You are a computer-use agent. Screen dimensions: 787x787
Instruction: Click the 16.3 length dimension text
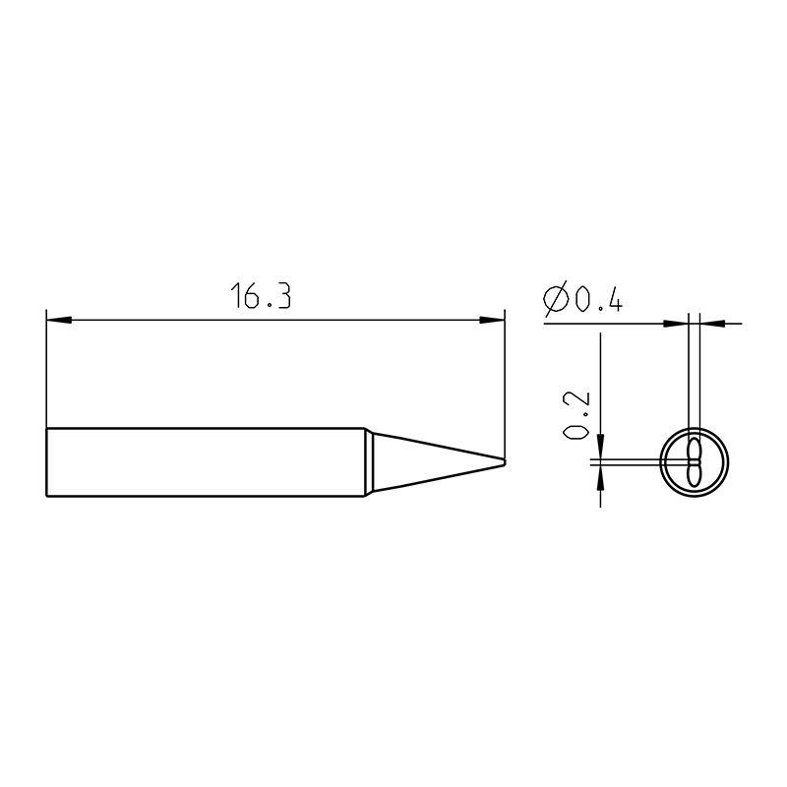coord(261,295)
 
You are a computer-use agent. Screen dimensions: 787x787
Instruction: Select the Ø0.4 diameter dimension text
coord(583,298)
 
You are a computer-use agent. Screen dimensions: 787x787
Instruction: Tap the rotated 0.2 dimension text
coord(575,415)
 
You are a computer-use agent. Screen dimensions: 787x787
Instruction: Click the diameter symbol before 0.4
coord(556,299)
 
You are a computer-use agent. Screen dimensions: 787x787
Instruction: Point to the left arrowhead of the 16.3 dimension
coord(59,320)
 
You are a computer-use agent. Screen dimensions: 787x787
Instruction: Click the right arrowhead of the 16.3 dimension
coord(492,320)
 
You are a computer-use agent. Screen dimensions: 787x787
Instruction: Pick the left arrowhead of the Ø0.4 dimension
coord(676,324)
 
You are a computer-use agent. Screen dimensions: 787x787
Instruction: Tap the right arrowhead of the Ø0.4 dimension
coord(712,324)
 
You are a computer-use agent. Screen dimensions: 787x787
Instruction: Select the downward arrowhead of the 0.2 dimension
coord(600,447)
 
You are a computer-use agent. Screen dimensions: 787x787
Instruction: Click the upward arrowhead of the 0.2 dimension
coord(600,476)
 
